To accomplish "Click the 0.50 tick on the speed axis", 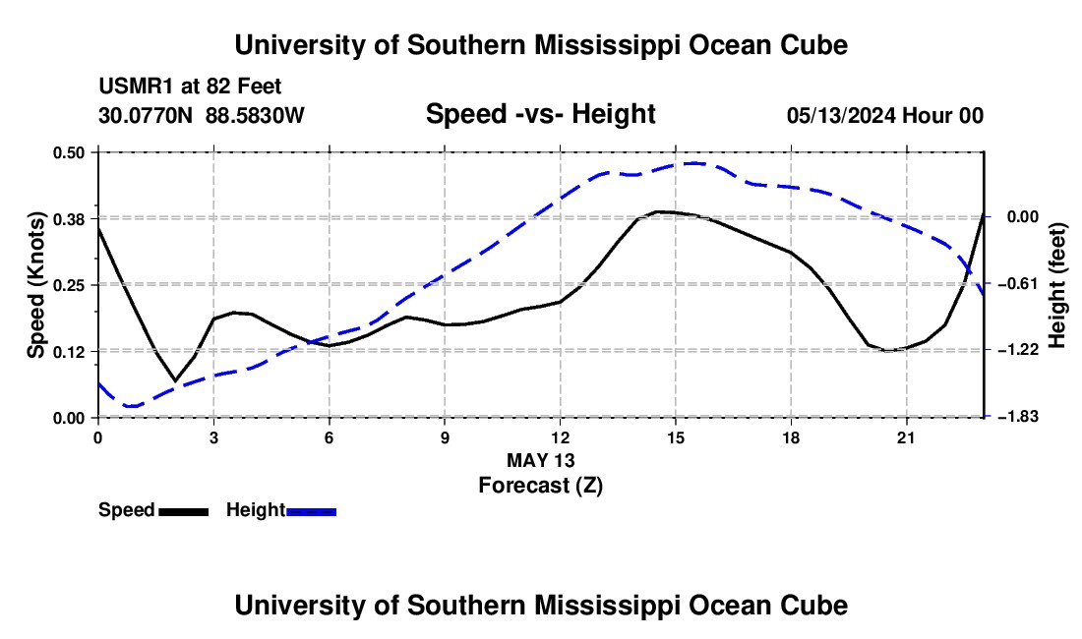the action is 68,152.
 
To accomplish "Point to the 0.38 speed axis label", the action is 68,219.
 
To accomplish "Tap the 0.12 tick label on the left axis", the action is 68,352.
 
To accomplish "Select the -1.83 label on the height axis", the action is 1023,417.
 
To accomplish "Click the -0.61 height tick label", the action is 1023,283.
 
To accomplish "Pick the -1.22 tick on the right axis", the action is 1023,350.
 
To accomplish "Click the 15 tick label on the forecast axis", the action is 676,437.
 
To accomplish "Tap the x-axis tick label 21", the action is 906,437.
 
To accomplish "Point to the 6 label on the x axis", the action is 330,437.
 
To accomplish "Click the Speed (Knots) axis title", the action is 35,285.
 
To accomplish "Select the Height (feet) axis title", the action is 1056,285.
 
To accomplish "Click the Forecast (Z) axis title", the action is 540,486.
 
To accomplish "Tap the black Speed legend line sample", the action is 184,511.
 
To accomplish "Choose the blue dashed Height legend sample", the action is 311,511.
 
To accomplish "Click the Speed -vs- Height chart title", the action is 540,114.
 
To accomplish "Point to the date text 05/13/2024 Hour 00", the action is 885,115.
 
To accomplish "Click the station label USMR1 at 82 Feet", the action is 190,87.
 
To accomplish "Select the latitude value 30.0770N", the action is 146,115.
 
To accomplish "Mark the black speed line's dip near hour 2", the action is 175,380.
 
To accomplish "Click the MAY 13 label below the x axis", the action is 540,460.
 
